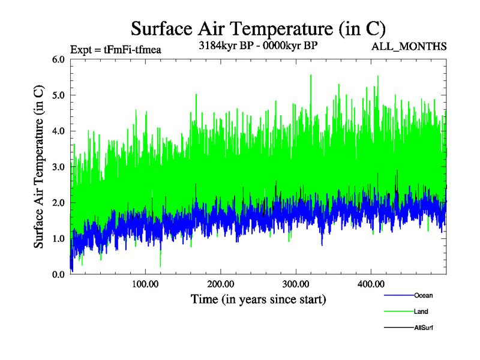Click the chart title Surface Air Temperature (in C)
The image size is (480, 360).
click(258, 28)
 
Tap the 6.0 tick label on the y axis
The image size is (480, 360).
click(59, 59)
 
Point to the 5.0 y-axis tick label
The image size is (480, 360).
click(59, 95)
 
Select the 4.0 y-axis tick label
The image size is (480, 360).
click(59, 131)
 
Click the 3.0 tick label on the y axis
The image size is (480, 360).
click(59, 167)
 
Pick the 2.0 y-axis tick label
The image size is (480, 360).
click(59, 203)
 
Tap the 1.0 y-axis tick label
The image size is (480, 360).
click(59, 239)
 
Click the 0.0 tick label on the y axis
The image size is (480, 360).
click(59, 274)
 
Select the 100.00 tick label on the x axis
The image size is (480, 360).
click(145, 284)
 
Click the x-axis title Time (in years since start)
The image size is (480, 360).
click(258, 298)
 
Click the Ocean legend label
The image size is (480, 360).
click(423, 295)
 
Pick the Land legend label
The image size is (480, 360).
click(421, 311)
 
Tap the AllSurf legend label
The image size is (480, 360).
click(424, 328)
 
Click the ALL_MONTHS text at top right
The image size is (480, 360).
click(409, 46)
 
